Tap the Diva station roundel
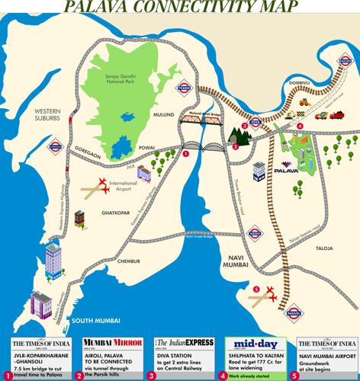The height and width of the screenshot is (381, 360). click(x=256, y=121)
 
